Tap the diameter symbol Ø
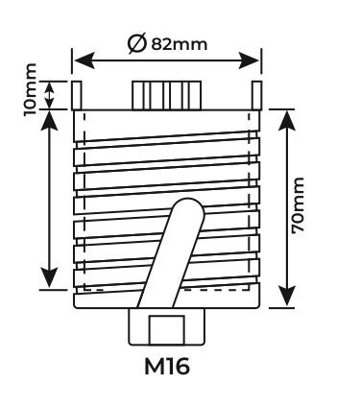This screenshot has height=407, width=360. click(137, 44)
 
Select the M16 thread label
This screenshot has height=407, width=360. click(167, 366)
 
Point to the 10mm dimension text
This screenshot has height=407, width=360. click(31, 90)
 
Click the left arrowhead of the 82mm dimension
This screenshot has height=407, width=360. click(84, 60)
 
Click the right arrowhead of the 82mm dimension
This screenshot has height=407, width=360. click(249, 60)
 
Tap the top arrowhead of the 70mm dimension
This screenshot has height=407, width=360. click(286, 121)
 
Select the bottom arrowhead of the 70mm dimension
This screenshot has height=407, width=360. click(286, 296)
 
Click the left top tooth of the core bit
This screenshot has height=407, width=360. click(77, 95)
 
